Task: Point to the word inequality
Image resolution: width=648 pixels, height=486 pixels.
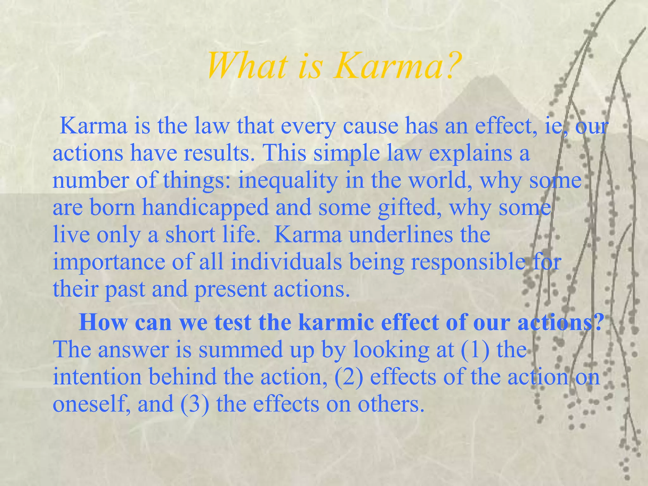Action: click(x=288, y=180)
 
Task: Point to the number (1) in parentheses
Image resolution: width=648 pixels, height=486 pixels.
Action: click(x=475, y=350)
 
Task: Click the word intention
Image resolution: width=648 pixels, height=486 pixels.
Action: click(x=97, y=377)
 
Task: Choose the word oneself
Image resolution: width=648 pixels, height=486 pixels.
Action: click(x=91, y=404)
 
